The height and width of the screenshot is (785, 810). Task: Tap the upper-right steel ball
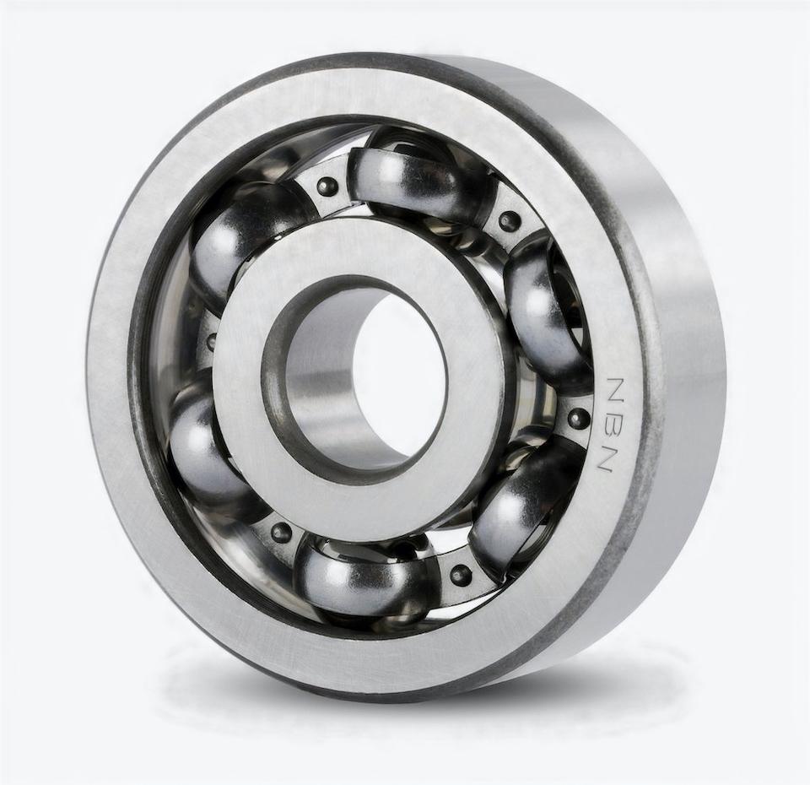[544, 312]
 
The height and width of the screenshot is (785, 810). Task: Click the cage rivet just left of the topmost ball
[327, 187]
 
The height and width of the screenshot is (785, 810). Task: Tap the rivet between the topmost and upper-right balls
[509, 221]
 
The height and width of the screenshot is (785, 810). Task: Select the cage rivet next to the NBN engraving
[578, 418]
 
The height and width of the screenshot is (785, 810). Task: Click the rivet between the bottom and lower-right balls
[460, 575]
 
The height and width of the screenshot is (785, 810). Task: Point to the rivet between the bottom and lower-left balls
[281, 533]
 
